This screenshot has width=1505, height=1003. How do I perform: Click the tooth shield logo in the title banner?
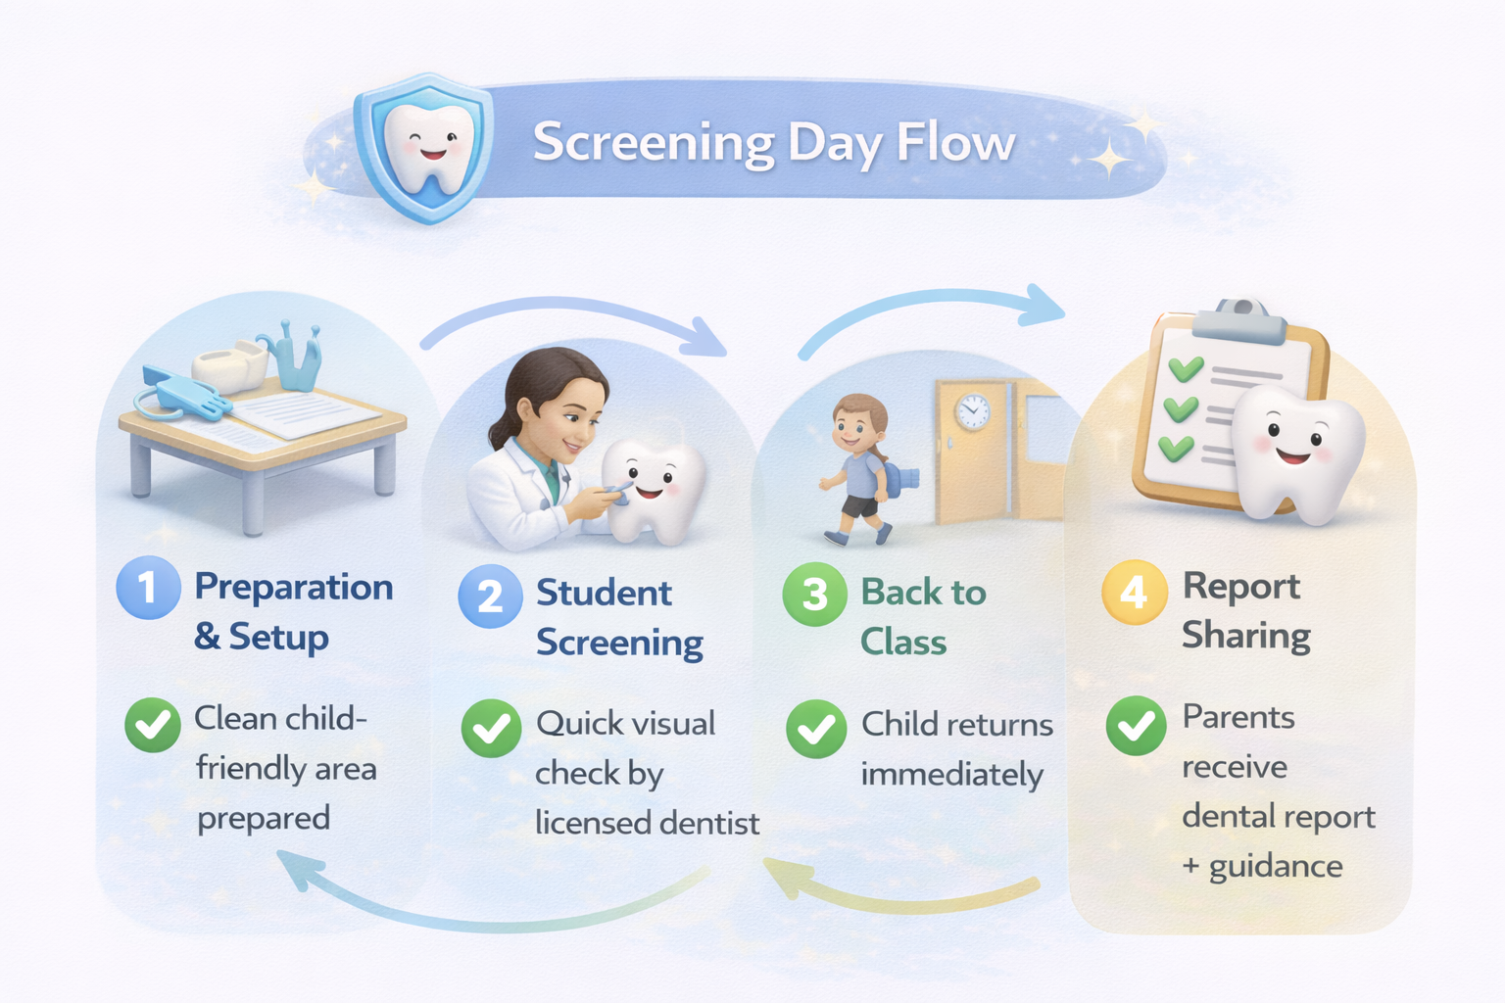pyautogui.click(x=424, y=148)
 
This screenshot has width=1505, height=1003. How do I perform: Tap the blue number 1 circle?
pyautogui.click(x=149, y=587)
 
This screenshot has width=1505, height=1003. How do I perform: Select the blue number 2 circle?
pyautogui.click(x=491, y=596)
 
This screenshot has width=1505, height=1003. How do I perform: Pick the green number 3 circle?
pyautogui.click(x=815, y=594)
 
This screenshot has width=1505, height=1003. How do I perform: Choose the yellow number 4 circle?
pyautogui.click(x=1134, y=593)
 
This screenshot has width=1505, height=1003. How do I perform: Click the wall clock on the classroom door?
pyautogui.click(x=972, y=410)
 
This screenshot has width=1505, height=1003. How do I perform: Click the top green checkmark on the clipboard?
pyautogui.click(x=1186, y=368)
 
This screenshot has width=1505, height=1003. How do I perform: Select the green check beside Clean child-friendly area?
pyautogui.click(x=153, y=725)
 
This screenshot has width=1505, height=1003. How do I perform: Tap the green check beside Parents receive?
pyautogui.click(x=1137, y=726)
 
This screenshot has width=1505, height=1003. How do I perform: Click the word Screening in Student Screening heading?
pyautogui.click(x=619, y=644)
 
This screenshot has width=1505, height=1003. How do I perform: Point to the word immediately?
pyautogui.click(x=952, y=775)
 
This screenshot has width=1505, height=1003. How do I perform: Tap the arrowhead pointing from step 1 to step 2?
pyautogui.click(x=704, y=337)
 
